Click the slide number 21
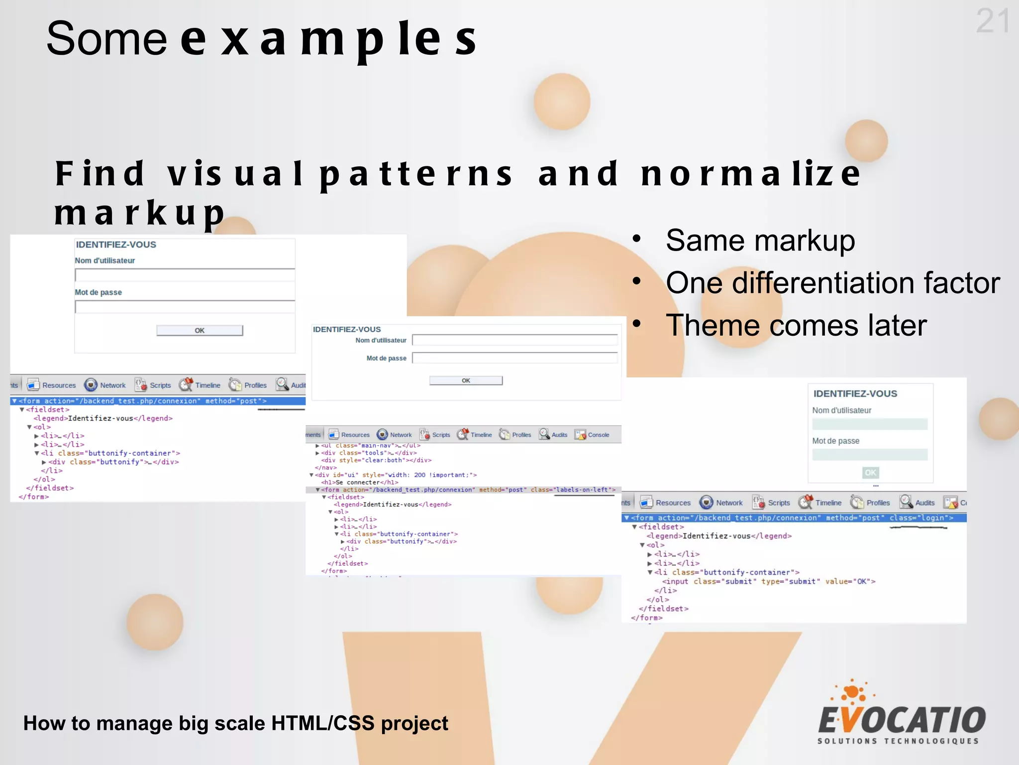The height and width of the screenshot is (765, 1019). click(x=993, y=21)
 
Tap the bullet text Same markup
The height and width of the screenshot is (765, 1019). click(x=760, y=241)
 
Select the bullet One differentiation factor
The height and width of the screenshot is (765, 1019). click(x=832, y=283)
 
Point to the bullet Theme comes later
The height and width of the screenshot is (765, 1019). click(x=796, y=326)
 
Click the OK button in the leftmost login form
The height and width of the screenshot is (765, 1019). click(x=200, y=331)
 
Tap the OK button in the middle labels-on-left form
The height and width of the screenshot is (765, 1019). click(x=466, y=381)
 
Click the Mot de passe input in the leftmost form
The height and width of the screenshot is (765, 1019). click(x=185, y=307)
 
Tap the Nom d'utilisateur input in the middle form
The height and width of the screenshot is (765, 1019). click(x=514, y=340)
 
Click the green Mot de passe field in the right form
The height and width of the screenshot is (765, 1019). click(x=870, y=455)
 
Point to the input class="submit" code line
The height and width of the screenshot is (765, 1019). click(x=768, y=581)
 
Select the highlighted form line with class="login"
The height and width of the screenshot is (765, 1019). click(x=793, y=518)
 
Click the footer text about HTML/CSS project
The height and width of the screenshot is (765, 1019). click(x=236, y=723)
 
